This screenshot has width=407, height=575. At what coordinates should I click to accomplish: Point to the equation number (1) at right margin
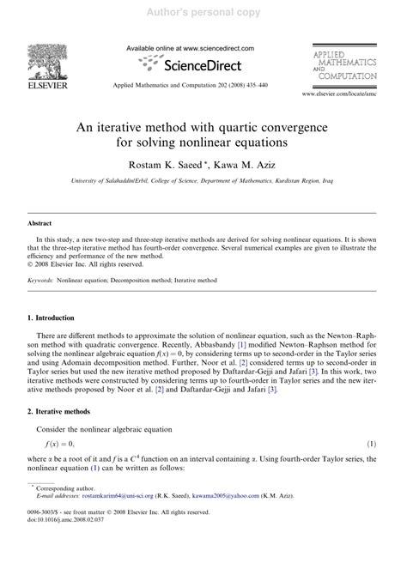pyautogui.click(x=372, y=468)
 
